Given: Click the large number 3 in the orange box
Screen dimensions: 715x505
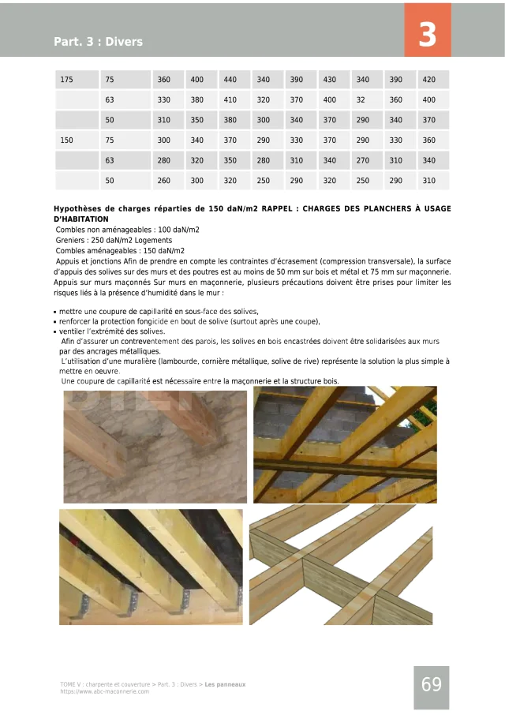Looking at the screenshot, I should point(427,36).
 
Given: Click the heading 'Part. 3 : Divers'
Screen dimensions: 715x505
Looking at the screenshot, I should point(98,41).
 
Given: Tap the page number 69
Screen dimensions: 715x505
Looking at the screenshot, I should point(431,684).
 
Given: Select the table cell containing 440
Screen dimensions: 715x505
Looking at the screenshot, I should point(230,80).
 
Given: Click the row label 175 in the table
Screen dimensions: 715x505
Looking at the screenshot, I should point(66,80).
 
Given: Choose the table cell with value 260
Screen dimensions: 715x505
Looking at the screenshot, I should point(163,181).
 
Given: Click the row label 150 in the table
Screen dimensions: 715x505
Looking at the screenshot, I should point(66,140).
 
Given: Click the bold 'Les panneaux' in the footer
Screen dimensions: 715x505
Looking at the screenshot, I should point(225,684).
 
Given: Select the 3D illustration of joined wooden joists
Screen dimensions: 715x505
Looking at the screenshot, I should point(341,564).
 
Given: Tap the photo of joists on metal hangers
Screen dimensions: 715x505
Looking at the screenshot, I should point(151,567).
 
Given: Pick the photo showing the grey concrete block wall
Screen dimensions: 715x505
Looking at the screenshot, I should point(345,444).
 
